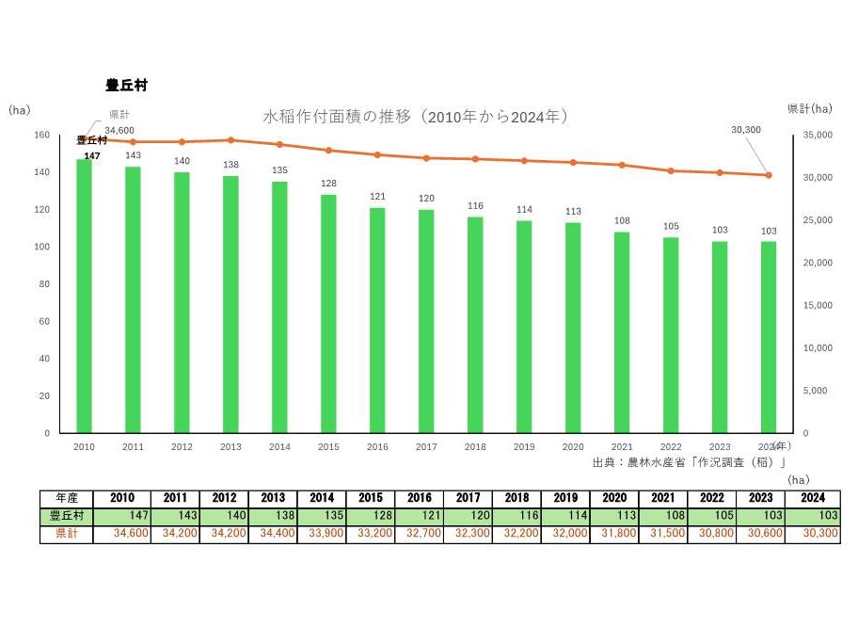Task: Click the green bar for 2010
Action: click(x=85, y=296)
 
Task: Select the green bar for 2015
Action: click(x=328, y=314)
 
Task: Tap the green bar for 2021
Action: click(x=622, y=332)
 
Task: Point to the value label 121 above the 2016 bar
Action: click(x=377, y=197)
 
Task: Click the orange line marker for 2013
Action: click(x=230, y=140)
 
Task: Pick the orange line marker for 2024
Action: click(x=769, y=175)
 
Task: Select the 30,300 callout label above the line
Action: click(x=746, y=130)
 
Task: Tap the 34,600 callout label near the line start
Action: click(x=119, y=131)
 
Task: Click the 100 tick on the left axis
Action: click(x=41, y=247)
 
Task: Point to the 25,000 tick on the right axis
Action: click(x=818, y=220)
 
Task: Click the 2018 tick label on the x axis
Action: click(x=475, y=446)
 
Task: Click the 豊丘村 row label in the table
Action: click(x=66, y=515)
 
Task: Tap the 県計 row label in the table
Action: click(x=66, y=533)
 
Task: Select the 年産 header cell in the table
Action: click(x=66, y=498)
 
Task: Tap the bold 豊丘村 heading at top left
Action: click(x=127, y=85)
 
